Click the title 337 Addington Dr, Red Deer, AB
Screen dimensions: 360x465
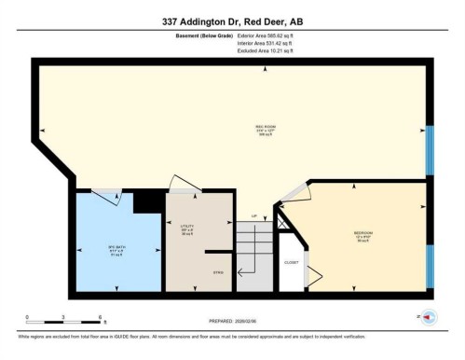coord(232,20)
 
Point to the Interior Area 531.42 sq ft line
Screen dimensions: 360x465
coord(259,45)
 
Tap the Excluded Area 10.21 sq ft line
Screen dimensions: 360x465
coord(259,52)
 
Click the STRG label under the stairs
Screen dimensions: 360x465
coord(218,271)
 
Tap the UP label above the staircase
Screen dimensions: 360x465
coord(253,216)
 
